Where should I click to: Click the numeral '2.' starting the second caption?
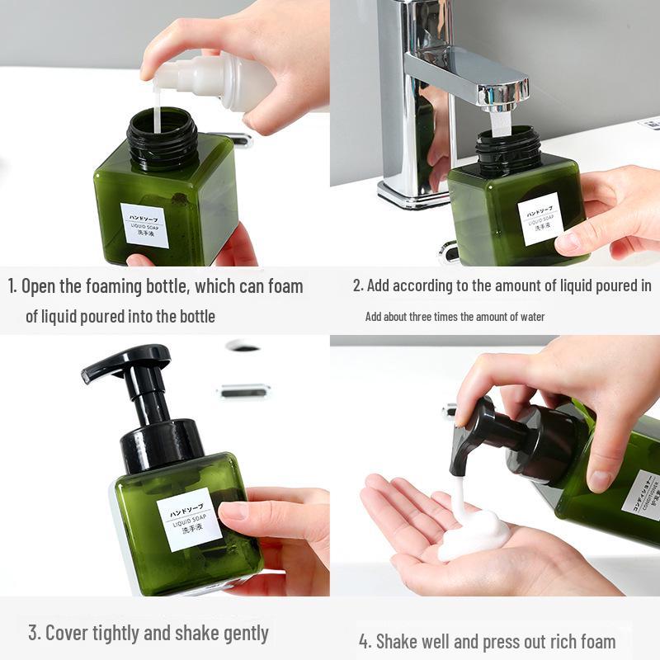358,286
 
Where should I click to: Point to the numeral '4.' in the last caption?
365,641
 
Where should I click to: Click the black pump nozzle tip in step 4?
456,468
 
